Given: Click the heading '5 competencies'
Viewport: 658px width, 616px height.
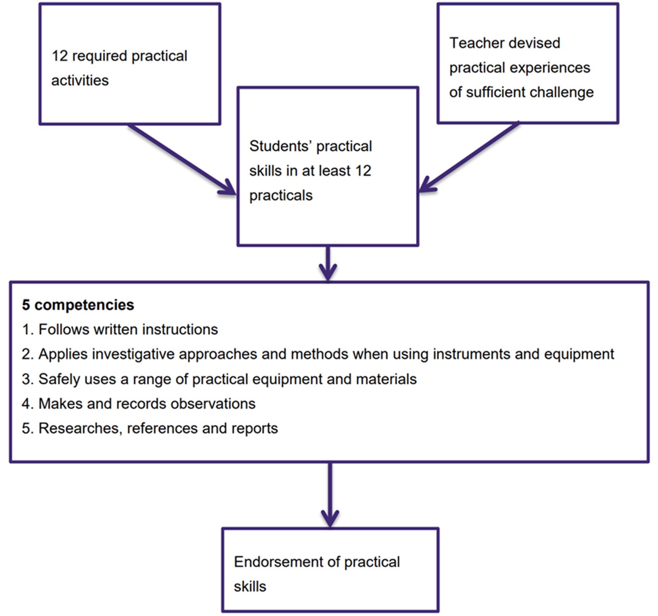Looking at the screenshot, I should [x=78, y=305].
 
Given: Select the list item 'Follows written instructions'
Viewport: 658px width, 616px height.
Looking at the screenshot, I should [x=128, y=330].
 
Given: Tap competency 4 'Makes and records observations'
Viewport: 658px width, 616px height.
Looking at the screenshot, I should [x=147, y=404].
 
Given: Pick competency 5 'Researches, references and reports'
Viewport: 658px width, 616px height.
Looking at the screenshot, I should [x=158, y=429].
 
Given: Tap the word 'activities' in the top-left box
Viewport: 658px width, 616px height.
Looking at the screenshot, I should [x=80, y=80].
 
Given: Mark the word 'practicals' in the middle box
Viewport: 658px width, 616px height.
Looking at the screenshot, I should [x=281, y=195].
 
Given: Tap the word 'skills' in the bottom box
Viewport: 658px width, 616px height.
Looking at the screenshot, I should [x=250, y=587].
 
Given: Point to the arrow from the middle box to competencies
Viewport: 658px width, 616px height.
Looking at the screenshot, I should [x=328, y=264].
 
